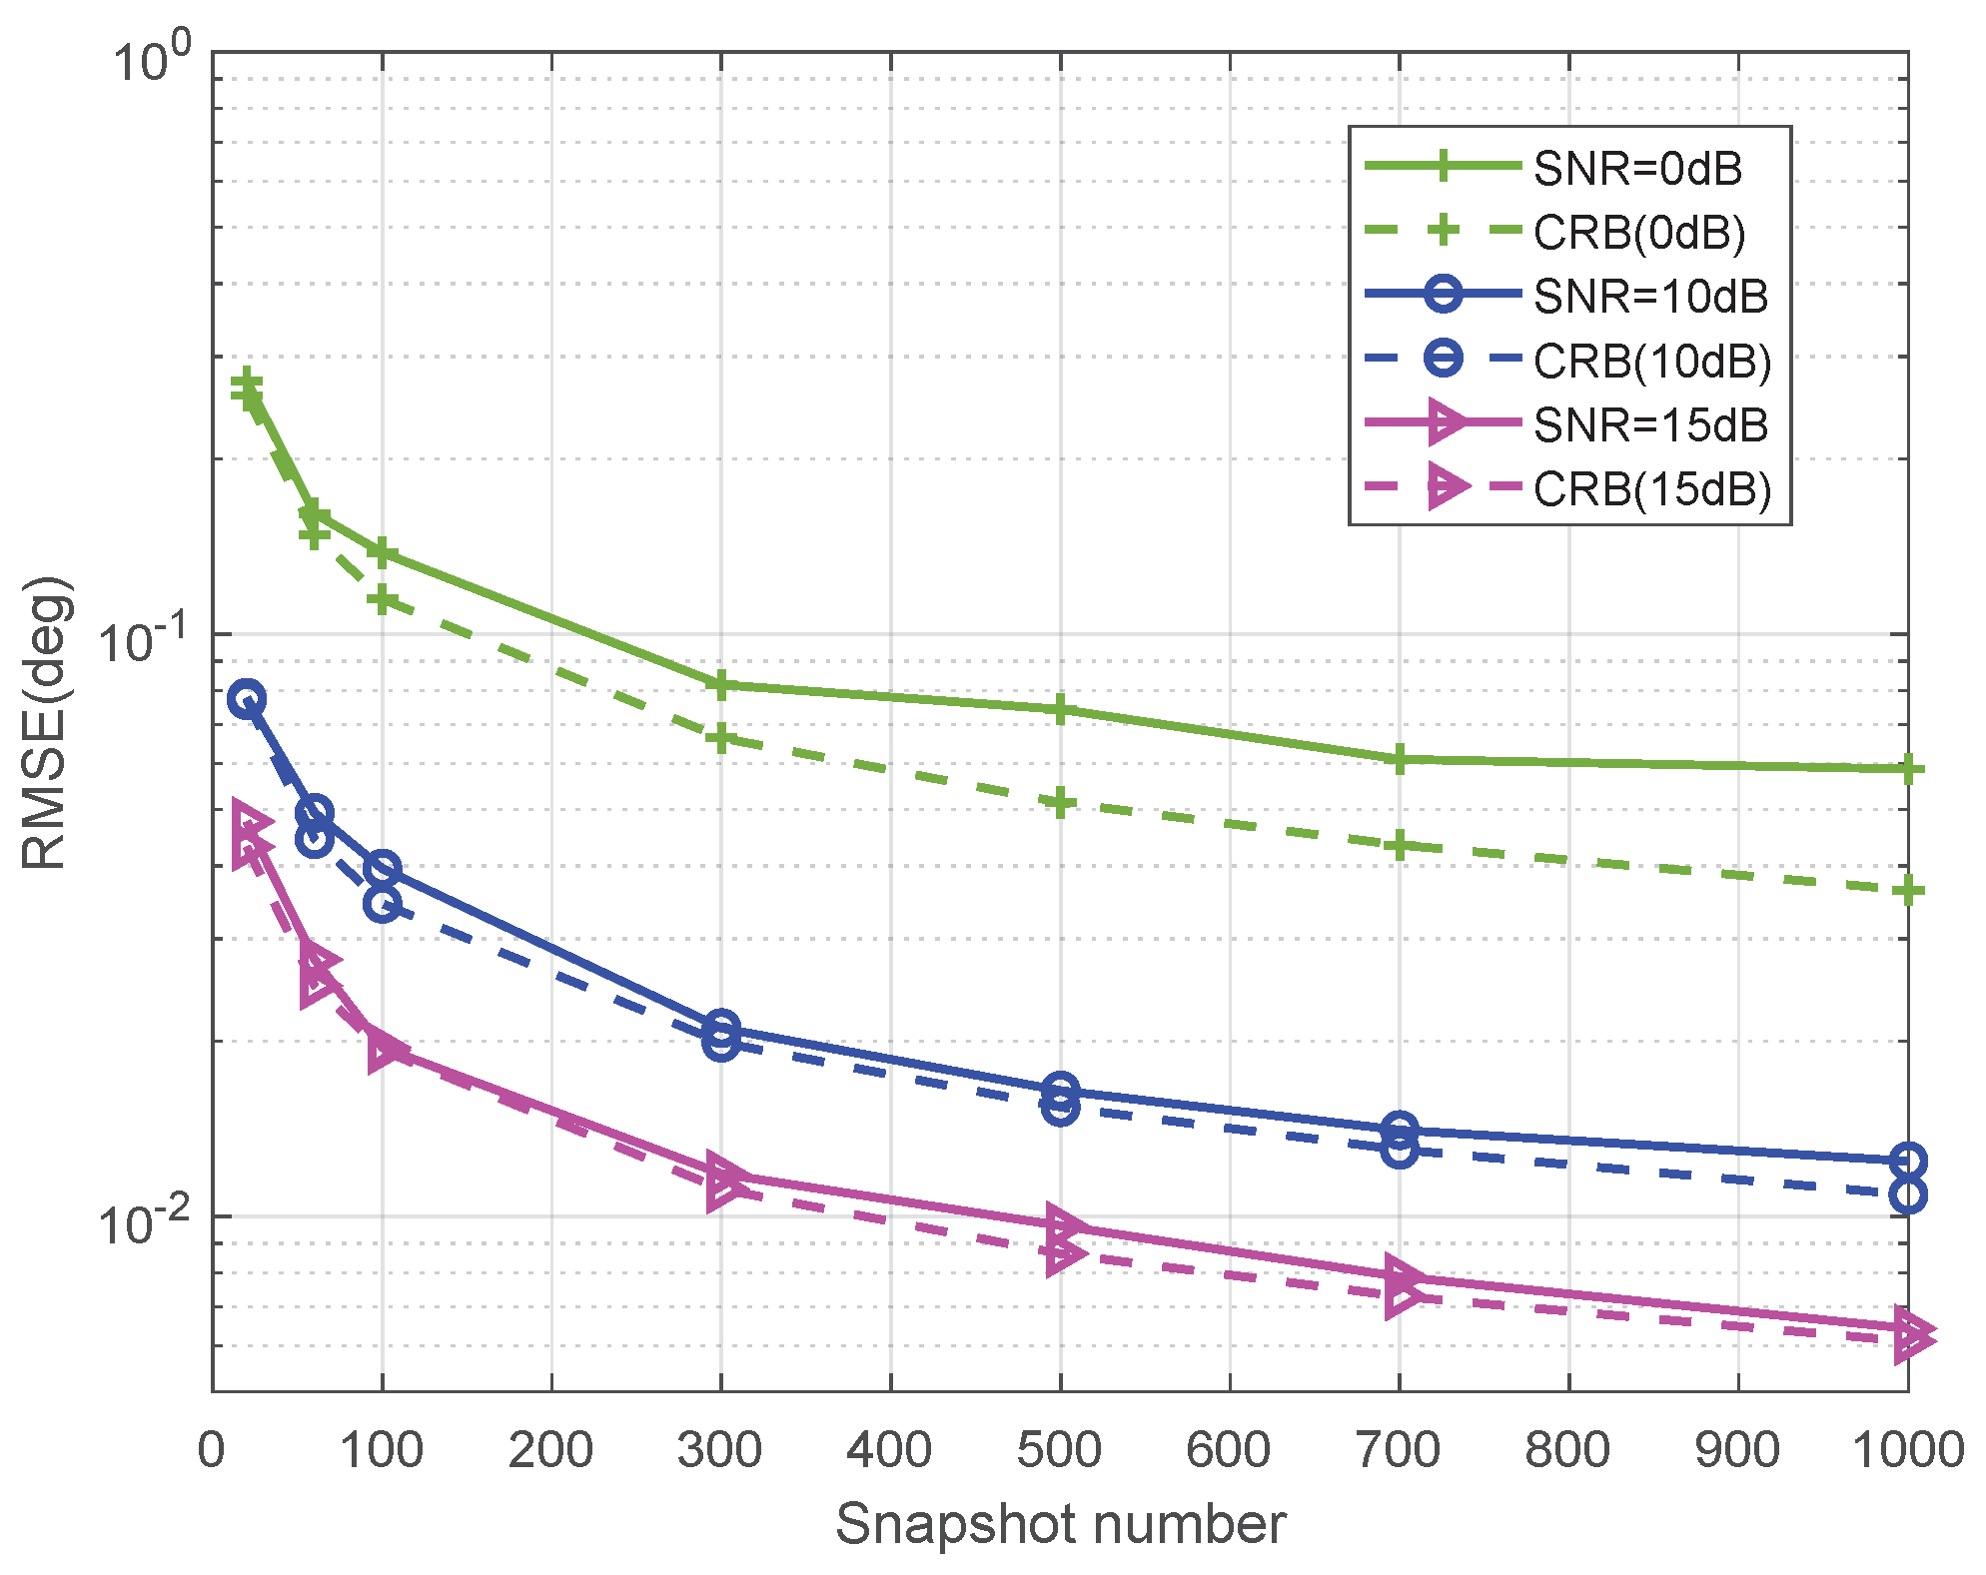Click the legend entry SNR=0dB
click(x=1637, y=168)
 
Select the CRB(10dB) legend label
click(x=1652, y=362)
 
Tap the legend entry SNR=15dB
click(x=1650, y=425)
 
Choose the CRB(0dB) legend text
click(x=1639, y=233)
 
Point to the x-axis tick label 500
click(x=1059, y=1449)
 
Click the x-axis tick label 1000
click(x=1908, y=1449)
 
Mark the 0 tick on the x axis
click(x=212, y=1449)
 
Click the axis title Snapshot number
click(x=1060, y=1525)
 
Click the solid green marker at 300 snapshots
click(x=720, y=685)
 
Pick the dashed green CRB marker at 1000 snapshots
click(x=1907, y=890)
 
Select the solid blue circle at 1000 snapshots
click(x=1907, y=1162)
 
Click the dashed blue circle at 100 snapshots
click(x=382, y=904)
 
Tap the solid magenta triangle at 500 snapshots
click(x=1064, y=1224)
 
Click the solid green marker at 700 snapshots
click(x=1400, y=759)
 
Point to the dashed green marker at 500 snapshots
click(x=1060, y=803)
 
